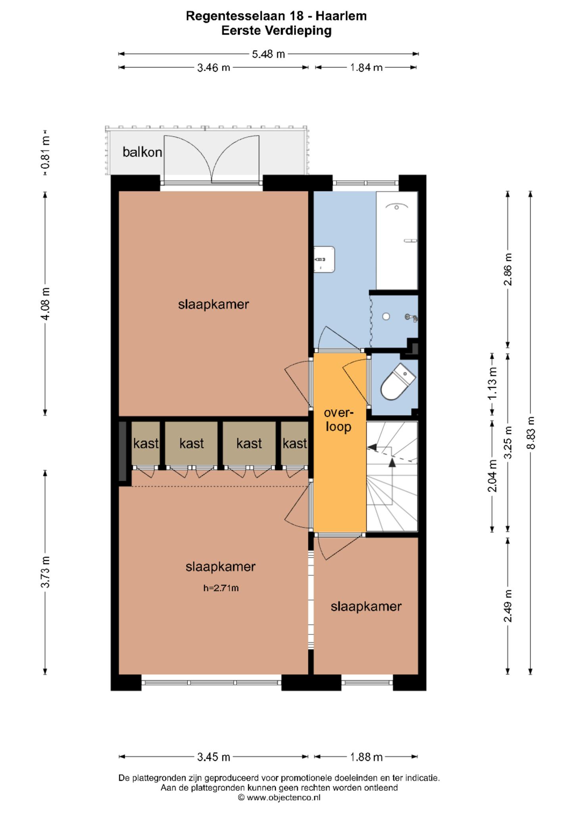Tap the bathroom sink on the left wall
tap(324, 260)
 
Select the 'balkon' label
tap(142, 152)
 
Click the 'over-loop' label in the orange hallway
tap(338, 420)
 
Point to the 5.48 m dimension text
tap(268, 54)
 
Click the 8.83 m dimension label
tap(531, 433)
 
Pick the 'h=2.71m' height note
tap(221, 588)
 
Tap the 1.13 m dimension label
tap(492, 383)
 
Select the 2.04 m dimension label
tap(492, 476)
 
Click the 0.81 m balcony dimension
tap(46, 153)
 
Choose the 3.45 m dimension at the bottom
tap(213, 757)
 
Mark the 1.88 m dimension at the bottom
tap(366, 757)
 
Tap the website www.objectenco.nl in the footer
tap(283, 798)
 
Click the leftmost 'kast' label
tap(146, 443)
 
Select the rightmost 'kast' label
tap(295, 443)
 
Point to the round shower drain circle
tap(386, 316)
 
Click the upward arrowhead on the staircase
tap(392, 462)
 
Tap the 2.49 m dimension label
tap(508, 606)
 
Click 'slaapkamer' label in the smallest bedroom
tap(366, 607)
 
